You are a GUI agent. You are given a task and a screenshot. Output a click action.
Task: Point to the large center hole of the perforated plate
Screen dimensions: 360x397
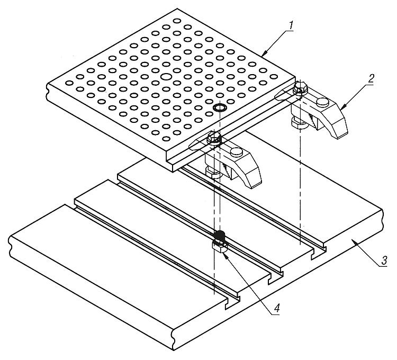click(x=166, y=78)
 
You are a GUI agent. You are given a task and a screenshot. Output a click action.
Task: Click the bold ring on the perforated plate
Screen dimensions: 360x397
click(x=220, y=109)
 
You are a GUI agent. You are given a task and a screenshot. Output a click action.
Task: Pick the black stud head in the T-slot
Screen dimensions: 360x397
click(x=220, y=235)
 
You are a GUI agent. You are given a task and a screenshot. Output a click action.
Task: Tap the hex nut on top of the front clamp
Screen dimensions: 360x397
click(x=214, y=139)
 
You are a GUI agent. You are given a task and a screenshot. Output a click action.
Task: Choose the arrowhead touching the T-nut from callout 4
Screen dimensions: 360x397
click(x=224, y=253)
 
